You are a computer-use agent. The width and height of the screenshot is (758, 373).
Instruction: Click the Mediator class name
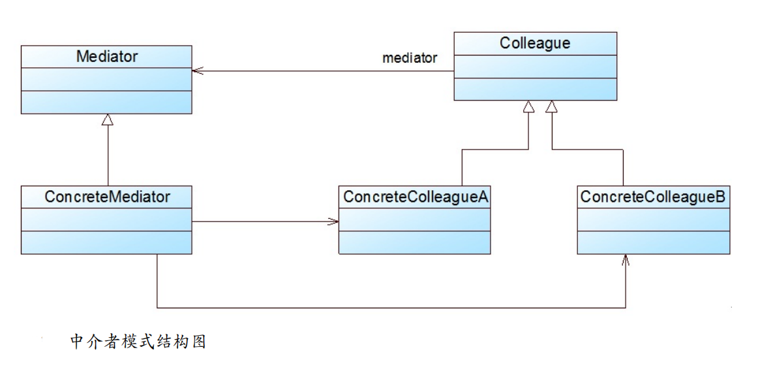(107, 57)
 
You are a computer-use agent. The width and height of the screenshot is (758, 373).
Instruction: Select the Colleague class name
(535, 44)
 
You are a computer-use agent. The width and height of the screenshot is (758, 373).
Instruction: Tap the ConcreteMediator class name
(107, 197)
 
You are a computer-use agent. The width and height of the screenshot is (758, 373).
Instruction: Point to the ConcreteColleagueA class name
(415, 197)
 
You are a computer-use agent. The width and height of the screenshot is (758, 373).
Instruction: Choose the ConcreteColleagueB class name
(653, 197)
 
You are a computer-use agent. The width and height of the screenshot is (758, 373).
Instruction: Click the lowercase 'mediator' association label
(410, 58)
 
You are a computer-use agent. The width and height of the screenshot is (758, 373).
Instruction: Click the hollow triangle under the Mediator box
(108, 120)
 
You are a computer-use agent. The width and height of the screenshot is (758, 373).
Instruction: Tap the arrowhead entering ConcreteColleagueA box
(334, 221)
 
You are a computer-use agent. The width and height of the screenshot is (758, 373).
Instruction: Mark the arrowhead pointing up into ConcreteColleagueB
(626, 259)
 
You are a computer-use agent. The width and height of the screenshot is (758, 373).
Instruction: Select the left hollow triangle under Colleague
(528, 106)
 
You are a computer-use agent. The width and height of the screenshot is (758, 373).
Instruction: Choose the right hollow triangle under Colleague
(553, 106)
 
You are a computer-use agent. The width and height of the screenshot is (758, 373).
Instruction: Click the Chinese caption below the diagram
(138, 342)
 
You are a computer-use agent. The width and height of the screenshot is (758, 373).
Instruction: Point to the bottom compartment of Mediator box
(107, 102)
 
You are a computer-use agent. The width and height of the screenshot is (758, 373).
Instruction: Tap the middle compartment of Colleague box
(535, 67)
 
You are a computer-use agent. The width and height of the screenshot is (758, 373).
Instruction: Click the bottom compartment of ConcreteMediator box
(107, 242)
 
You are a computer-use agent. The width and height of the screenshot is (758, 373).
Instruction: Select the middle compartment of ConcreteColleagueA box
(415, 219)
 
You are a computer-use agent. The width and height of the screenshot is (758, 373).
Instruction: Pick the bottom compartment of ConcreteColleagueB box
(653, 242)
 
